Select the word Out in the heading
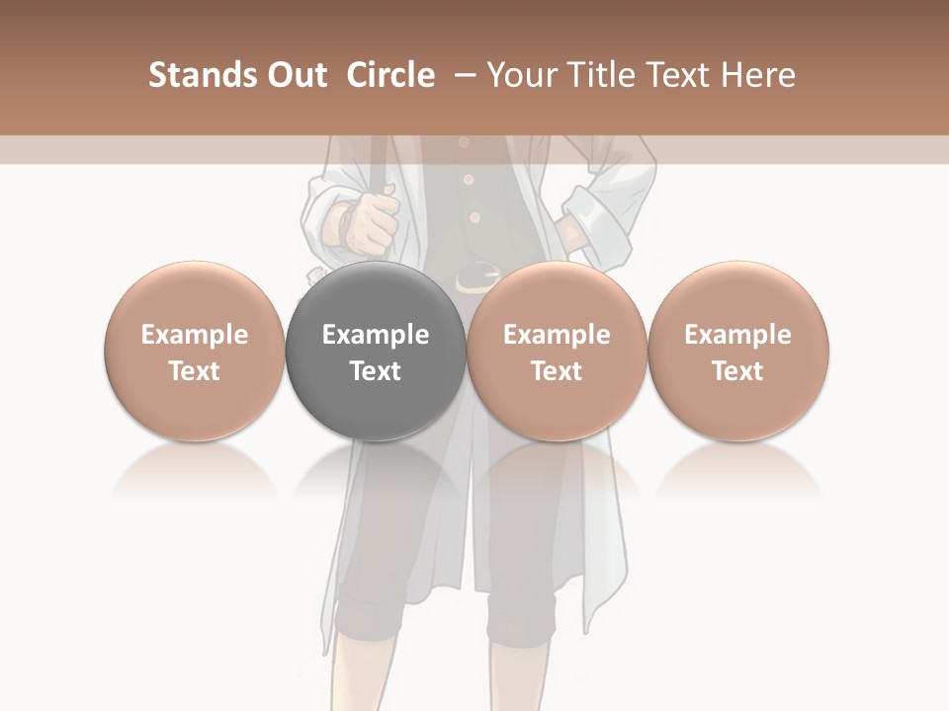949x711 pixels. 295,75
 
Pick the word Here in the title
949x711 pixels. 759,75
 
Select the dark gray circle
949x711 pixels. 376,352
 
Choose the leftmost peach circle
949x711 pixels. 194,352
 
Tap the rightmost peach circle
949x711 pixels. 737,352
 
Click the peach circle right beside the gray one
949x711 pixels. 557,352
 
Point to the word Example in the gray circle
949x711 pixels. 376,335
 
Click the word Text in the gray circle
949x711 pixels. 376,371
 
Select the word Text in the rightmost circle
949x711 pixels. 737,371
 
